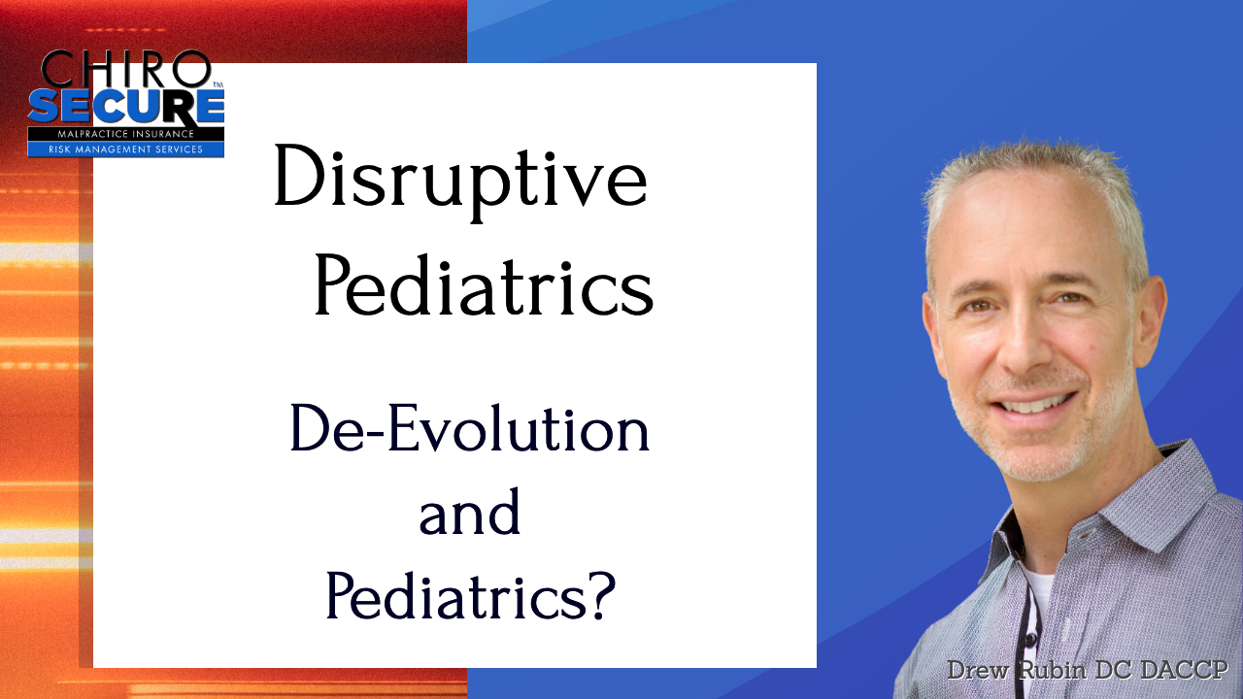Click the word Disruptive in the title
[460, 183]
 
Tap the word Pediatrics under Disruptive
[484, 285]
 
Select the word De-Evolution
[469, 427]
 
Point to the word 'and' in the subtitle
[469, 512]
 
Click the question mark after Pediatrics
[603, 595]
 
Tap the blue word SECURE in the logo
[126, 106]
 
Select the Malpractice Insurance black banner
[126, 134]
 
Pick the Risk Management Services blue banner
[126, 150]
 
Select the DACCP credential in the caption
[1181, 670]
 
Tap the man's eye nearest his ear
[1071, 298]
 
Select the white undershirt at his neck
[1039, 595]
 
